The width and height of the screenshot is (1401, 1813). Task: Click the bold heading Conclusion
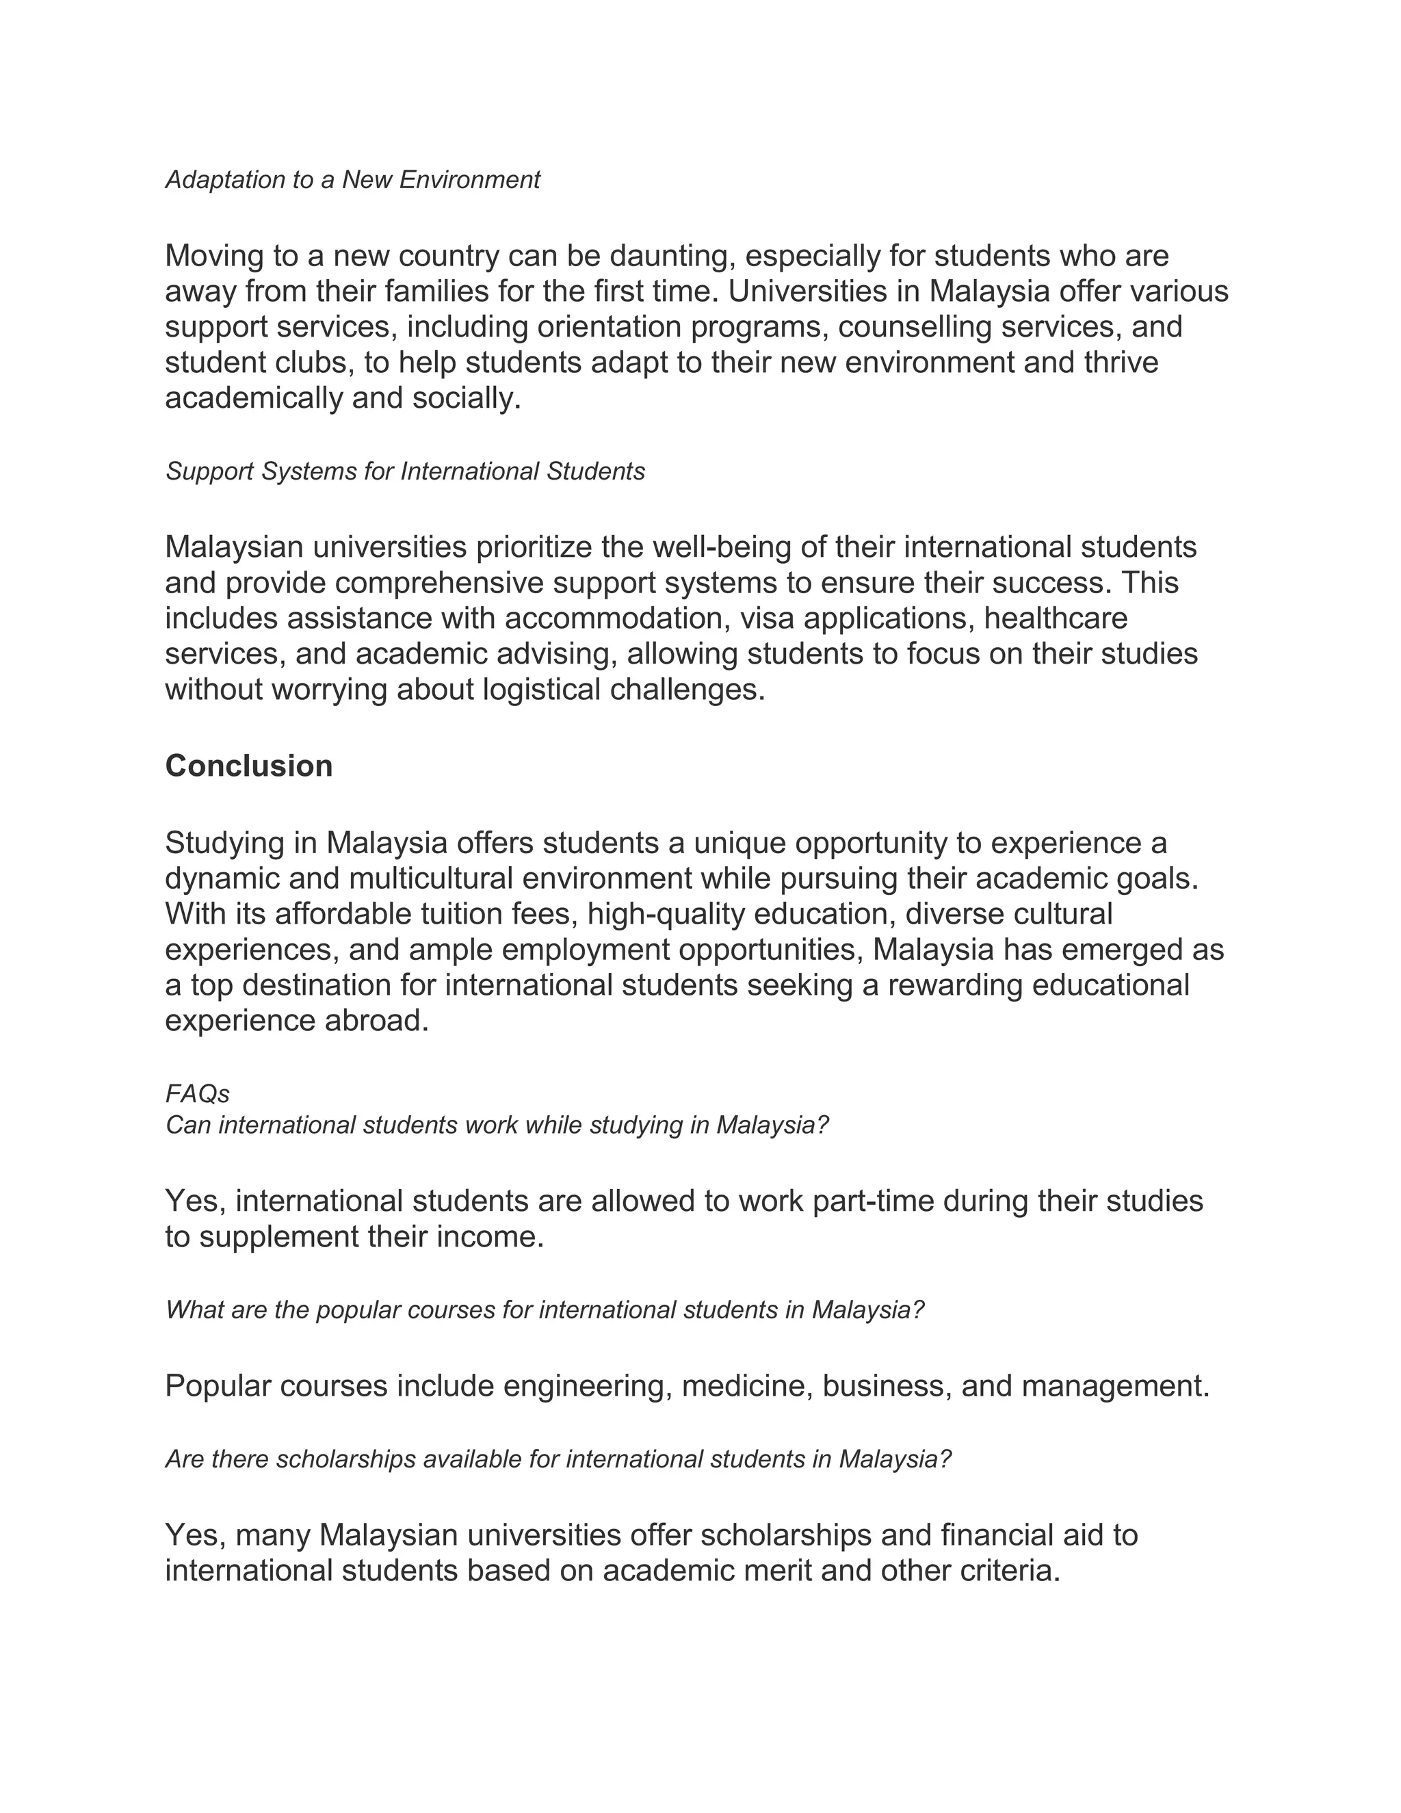[249, 766]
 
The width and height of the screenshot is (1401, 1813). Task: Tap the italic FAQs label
[198, 1094]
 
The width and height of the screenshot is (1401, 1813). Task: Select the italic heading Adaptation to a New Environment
[353, 179]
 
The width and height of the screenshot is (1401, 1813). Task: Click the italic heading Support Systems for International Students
[405, 471]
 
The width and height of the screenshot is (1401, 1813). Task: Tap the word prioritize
[534, 547]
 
